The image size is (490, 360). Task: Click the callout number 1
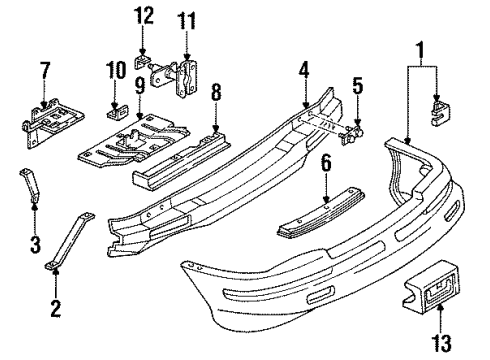[x=420, y=47]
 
